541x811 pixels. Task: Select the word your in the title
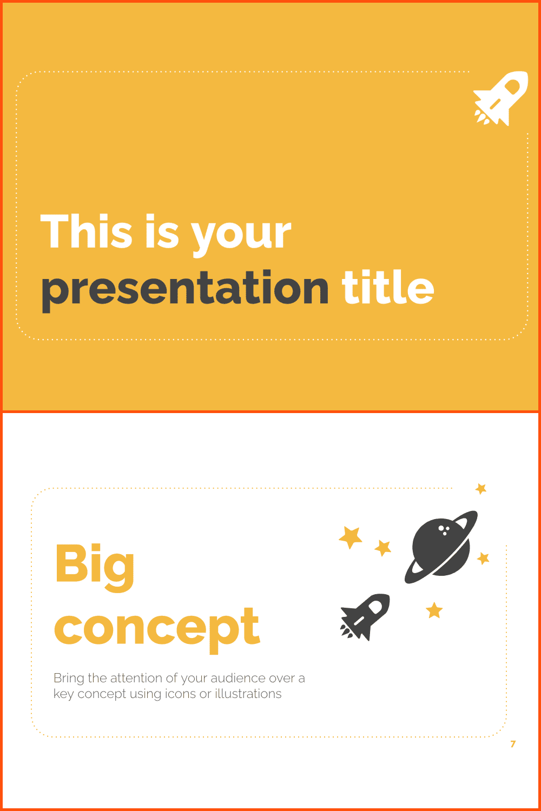coord(241,236)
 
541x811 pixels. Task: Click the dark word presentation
coord(185,290)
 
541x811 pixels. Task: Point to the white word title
coord(388,287)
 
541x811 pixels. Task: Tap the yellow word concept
coord(157,630)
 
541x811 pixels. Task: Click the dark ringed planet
coord(441,547)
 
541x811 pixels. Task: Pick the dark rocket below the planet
coord(365,617)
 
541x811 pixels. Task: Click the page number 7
coord(513,744)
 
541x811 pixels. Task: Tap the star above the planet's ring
coord(481,489)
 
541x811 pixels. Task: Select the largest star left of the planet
coord(351,537)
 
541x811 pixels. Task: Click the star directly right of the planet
coord(483,559)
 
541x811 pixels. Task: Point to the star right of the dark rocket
coord(434,610)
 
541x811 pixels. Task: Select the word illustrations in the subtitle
coord(248,694)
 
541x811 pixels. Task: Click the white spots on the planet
coord(444,530)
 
